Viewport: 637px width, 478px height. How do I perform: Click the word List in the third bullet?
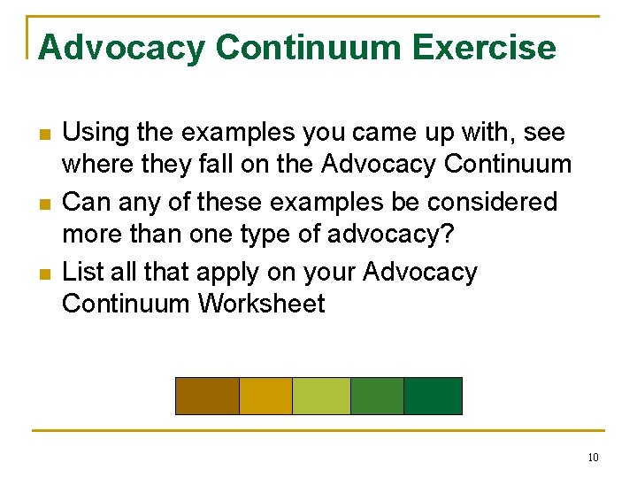pos(81,272)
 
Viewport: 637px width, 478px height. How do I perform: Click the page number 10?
pos(592,458)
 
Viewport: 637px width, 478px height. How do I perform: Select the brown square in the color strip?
pos(207,396)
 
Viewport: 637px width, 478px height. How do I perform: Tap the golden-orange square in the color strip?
pos(265,396)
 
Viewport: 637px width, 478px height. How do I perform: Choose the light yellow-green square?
pos(321,396)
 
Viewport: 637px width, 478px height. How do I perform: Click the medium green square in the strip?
pos(377,396)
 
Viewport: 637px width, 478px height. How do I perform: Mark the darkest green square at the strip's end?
pos(433,396)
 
